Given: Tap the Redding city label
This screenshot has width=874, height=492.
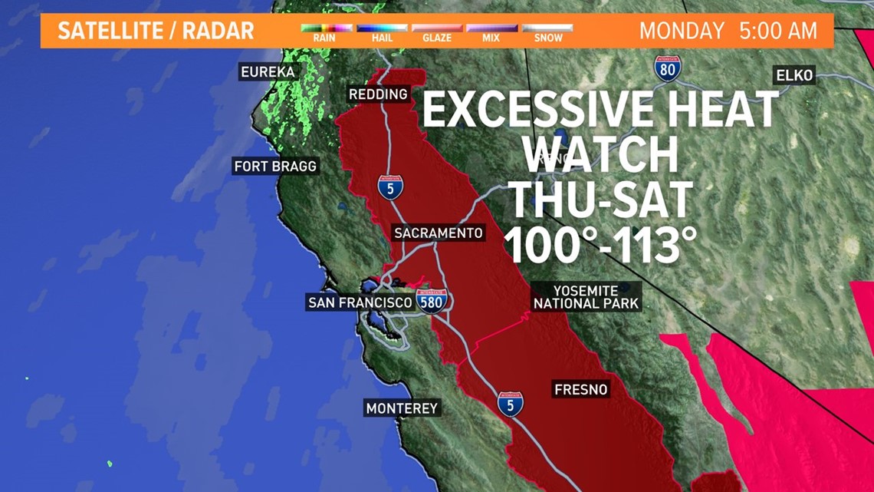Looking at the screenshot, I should [x=378, y=94].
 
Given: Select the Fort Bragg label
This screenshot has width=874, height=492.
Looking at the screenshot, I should [x=275, y=166].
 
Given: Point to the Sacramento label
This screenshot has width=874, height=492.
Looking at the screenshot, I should [x=439, y=233].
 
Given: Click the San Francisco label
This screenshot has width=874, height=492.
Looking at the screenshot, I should [x=360, y=302].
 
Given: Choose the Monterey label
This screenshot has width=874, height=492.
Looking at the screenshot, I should [x=402, y=408].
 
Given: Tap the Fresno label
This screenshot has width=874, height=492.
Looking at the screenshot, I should [x=580, y=390].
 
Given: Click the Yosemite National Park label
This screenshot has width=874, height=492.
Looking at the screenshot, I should [x=586, y=297].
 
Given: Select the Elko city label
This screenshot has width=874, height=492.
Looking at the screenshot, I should [x=794, y=75].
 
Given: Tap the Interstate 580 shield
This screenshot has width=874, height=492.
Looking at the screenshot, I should [x=432, y=301].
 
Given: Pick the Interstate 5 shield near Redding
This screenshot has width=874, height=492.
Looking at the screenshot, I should [x=390, y=187].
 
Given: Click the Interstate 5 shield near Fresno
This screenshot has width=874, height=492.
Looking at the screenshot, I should [x=510, y=404].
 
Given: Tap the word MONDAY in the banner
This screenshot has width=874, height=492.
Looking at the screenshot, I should [x=682, y=31].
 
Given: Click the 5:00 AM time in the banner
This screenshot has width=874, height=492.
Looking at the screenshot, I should [x=778, y=31].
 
